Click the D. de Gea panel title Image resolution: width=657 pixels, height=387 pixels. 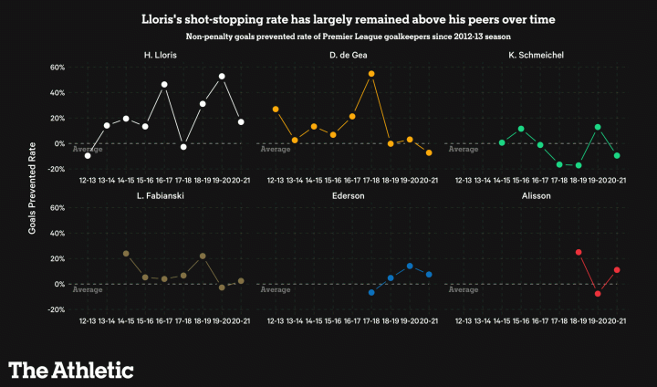click(348, 56)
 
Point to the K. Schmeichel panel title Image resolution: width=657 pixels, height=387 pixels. click(535, 56)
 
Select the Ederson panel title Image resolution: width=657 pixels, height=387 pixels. click(348, 195)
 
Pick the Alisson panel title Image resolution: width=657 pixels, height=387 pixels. click(535, 195)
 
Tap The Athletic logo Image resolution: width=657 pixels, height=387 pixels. click(71, 369)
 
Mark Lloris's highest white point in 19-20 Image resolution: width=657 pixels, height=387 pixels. click(222, 77)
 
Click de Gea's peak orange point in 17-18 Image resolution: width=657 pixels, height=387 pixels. click(371, 74)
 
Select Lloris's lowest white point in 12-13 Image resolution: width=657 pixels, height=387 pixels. click(88, 156)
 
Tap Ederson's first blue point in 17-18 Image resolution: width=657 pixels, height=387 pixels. click(371, 292)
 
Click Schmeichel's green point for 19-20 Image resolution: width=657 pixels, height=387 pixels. click(598, 127)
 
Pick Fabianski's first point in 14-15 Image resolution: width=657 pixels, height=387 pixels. click(126, 254)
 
